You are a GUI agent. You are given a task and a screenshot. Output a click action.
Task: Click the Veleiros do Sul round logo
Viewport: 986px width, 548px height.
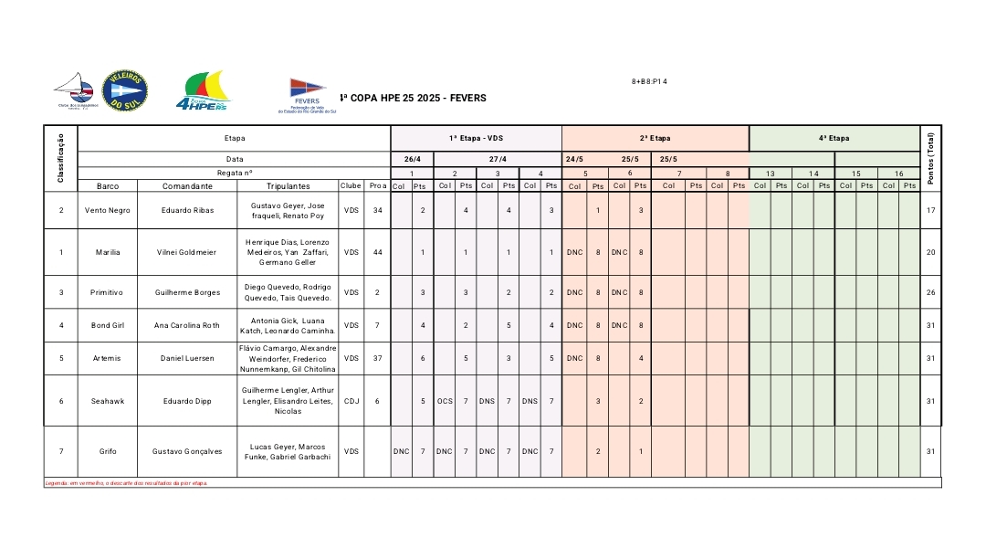(126, 90)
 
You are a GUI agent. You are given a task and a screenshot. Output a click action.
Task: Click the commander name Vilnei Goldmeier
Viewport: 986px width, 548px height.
(187, 252)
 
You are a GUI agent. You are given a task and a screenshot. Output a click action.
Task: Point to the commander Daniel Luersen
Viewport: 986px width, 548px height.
(187, 358)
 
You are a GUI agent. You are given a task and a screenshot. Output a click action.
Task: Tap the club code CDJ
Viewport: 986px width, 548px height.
(351, 400)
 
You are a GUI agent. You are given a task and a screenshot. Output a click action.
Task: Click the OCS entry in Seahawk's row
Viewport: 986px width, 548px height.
(445, 400)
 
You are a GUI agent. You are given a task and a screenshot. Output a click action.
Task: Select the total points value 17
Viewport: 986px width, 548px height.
(930, 210)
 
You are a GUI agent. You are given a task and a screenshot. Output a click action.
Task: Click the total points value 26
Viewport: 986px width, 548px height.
(930, 292)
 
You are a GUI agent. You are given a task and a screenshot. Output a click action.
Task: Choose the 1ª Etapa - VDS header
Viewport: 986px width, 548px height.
(476, 138)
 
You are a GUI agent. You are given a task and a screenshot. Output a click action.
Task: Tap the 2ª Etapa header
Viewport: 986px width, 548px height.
(655, 138)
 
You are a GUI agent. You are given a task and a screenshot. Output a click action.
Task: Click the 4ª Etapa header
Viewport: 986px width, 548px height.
(834, 138)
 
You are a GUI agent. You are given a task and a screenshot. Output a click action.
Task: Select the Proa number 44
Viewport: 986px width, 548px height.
(377, 252)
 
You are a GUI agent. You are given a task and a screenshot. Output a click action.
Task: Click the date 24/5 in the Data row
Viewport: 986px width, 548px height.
(574, 159)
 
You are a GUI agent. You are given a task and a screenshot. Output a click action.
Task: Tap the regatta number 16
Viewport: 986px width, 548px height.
(898, 173)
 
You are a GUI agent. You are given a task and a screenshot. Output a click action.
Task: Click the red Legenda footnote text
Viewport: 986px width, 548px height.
(126, 483)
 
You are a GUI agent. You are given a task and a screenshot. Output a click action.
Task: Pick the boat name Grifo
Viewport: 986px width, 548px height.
(108, 450)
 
